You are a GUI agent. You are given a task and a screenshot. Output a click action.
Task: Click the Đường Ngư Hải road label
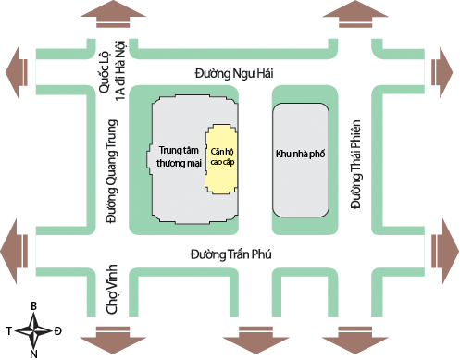coord(235,71)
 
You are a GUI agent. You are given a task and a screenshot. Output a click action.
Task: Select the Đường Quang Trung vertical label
coord(112,172)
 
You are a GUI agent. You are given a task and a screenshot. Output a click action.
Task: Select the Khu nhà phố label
coord(299,154)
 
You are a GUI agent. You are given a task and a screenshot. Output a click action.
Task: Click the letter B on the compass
coord(34,304)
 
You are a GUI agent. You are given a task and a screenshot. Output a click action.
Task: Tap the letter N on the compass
coord(34,353)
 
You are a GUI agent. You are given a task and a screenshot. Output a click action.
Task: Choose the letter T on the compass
coord(9,329)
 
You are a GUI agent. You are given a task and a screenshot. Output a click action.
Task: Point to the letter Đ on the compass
coord(58,329)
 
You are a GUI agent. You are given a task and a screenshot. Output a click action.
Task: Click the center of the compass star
coord(34,329)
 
